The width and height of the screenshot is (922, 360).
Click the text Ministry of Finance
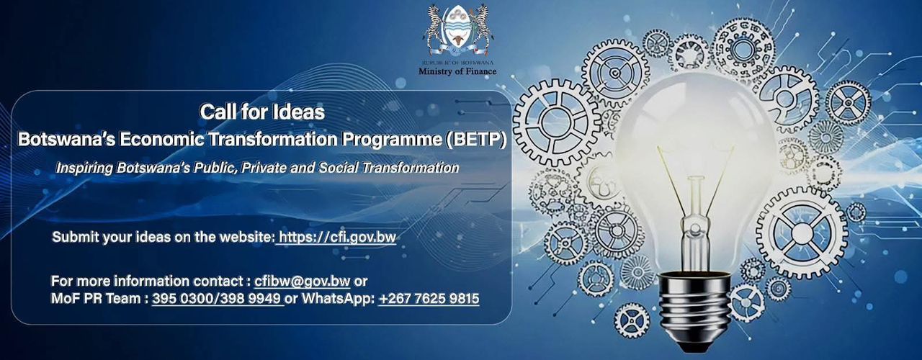coord(457,71)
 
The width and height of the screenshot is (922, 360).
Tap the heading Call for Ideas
coord(261,112)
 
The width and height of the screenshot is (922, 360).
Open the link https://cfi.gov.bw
coord(337,237)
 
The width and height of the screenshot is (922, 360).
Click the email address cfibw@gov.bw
coord(302,281)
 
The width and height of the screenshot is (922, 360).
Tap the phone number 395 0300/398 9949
coord(216,298)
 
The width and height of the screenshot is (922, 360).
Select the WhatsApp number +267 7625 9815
coord(429,298)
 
